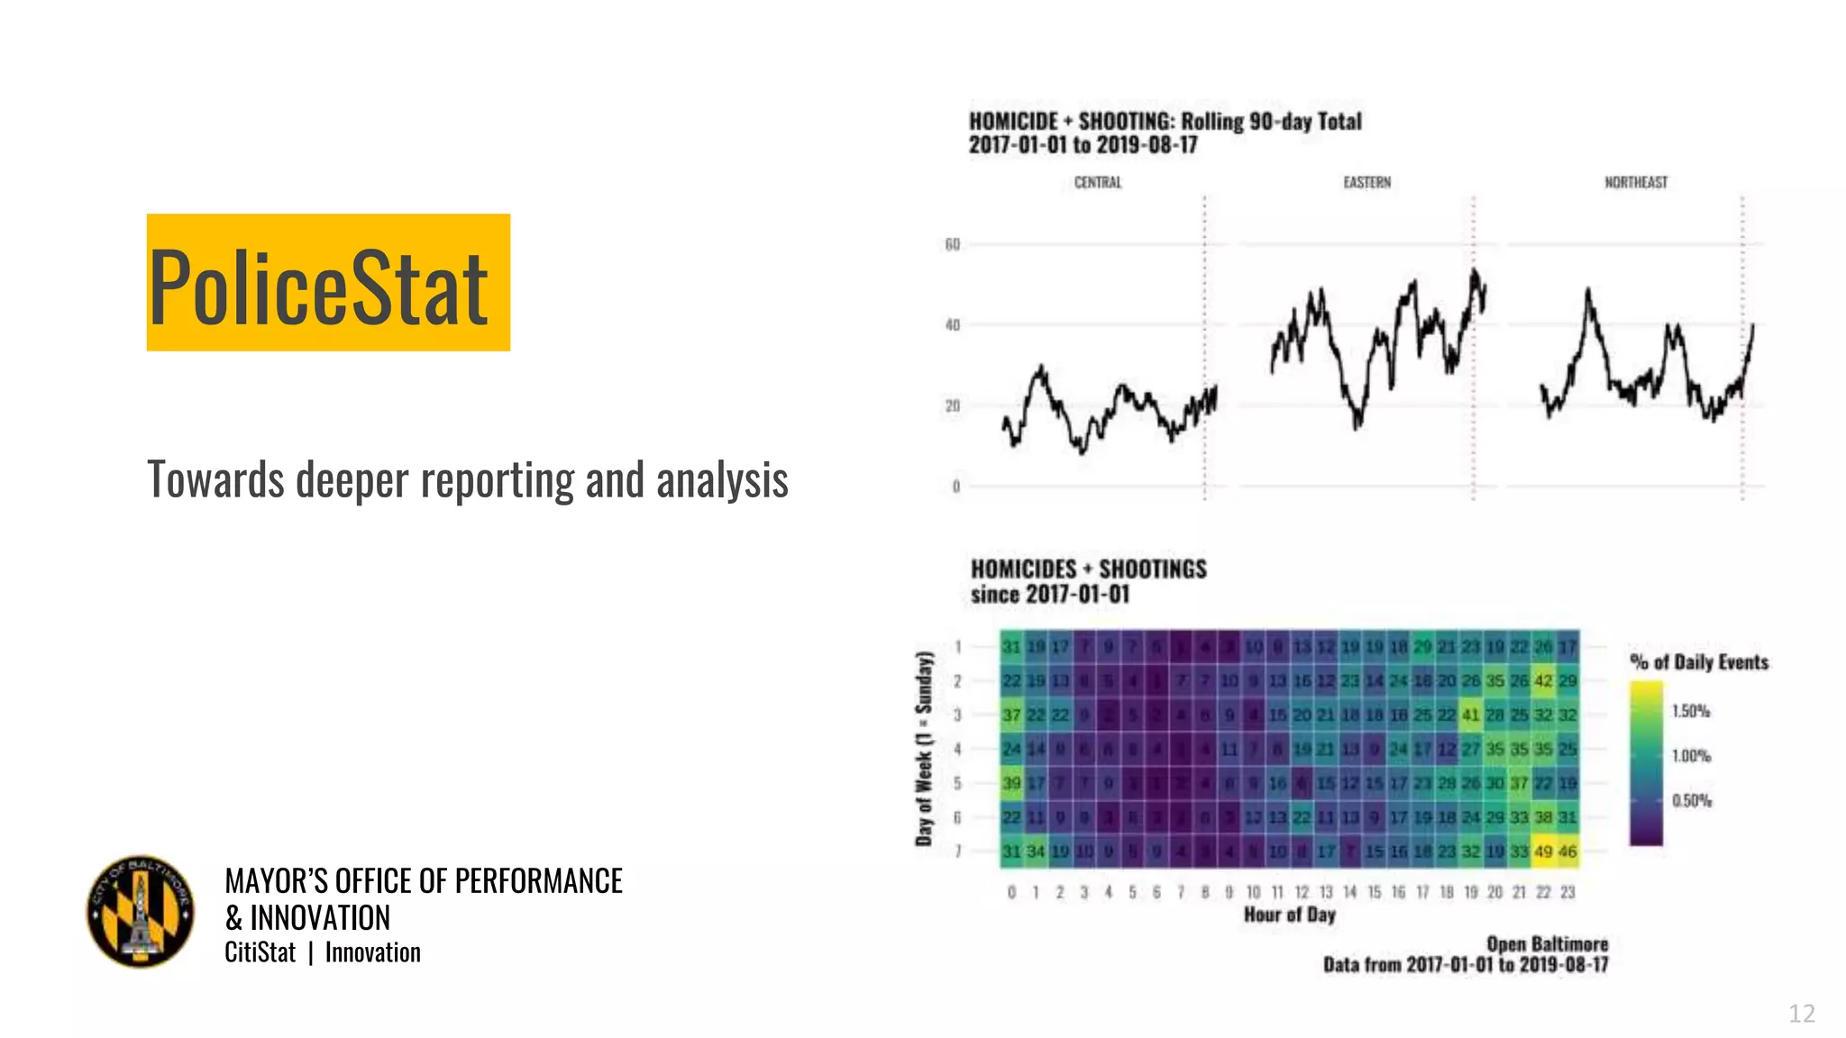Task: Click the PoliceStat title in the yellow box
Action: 319,287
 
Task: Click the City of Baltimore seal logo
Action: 141,911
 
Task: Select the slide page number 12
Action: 1801,1014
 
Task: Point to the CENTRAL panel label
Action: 1097,183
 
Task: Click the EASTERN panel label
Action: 1366,183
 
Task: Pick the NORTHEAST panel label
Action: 1635,183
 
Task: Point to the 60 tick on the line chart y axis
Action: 953,244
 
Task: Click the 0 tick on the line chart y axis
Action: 956,487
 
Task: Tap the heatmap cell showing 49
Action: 1543,851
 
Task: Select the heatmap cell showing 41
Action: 1470,715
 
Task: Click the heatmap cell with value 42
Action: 1543,681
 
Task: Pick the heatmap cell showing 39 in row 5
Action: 1011,783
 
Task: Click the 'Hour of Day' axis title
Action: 1289,915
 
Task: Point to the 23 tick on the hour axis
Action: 1567,892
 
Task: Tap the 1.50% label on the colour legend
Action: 1690,711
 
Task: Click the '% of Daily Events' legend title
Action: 1698,662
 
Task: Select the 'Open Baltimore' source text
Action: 1547,944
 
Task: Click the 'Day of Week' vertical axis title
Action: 923,748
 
